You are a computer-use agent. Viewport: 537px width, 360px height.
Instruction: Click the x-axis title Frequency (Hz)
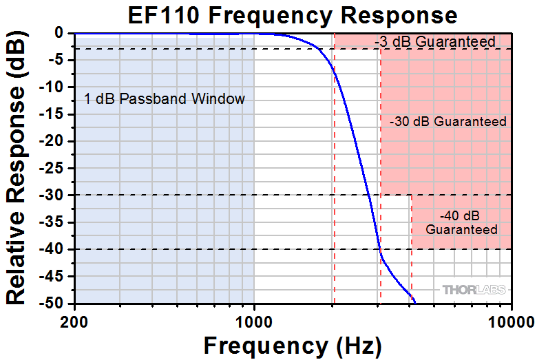click(x=292, y=344)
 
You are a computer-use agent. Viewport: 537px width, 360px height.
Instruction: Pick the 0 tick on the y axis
click(x=60, y=32)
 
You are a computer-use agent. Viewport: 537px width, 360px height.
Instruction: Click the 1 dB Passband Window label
click(x=165, y=98)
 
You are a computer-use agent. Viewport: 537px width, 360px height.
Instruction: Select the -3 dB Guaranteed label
click(x=435, y=42)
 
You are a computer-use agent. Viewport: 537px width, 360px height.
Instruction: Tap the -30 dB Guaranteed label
click(x=447, y=122)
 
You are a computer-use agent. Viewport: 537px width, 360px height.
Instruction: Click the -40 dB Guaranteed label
click(x=461, y=222)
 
